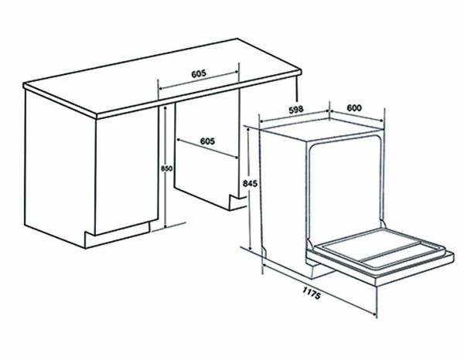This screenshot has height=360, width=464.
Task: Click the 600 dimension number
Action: point(354,108)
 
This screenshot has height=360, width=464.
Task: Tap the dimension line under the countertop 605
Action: point(198,82)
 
